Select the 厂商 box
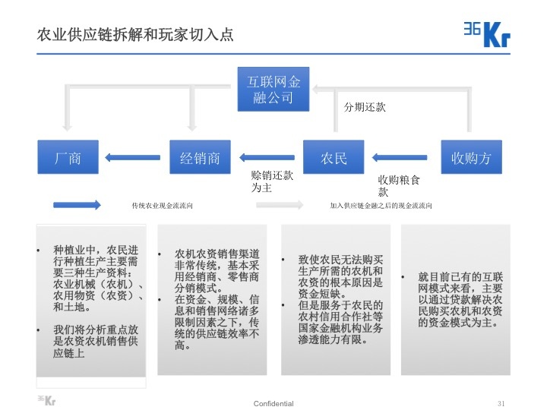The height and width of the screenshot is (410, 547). click(x=68, y=158)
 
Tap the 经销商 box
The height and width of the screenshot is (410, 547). click(x=200, y=158)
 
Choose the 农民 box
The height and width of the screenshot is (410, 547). click(x=334, y=158)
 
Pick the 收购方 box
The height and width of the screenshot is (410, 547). click(x=471, y=158)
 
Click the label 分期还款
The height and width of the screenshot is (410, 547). click(x=365, y=107)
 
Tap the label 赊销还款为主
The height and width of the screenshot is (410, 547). click(x=272, y=181)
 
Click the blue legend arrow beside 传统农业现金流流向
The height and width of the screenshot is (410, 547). click(x=76, y=205)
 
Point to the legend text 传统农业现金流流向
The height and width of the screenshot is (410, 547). click(x=162, y=206)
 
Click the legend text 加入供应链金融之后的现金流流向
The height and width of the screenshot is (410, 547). click(x=381, y=206)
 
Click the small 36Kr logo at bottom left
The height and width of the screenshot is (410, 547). click(x=46, y=400)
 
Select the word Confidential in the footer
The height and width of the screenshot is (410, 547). click(x=273, y=403)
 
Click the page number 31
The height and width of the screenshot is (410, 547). click(x=501, y=402)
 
